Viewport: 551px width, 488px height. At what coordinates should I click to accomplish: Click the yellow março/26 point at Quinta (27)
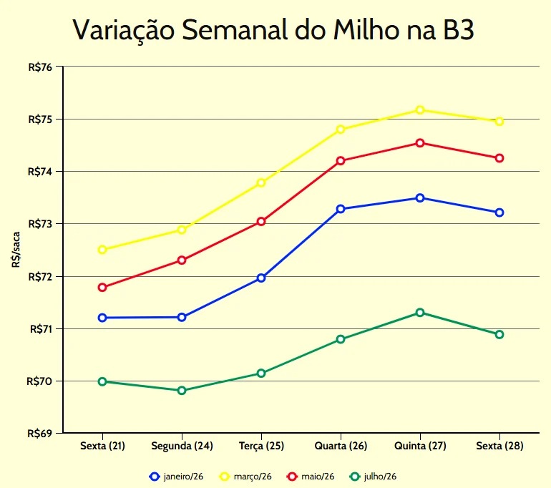tap(420, 109)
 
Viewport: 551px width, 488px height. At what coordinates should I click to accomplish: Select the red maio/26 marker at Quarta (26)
tap(341, 160)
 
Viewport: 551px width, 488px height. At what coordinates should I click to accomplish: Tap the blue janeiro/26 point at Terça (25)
tap(261, 278)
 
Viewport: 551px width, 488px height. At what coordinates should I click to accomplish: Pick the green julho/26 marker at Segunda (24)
tap(182, 391)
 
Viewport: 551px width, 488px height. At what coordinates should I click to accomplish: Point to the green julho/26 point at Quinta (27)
tap(420, 313)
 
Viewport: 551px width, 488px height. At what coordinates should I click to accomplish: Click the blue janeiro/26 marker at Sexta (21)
tap(102, 318)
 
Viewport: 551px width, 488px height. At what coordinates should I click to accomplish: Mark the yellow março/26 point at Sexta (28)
tap(499, 121)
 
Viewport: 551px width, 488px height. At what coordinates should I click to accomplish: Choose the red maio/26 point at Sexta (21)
tap(102, 288)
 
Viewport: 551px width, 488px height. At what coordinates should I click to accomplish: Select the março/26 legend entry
tap(245, 476)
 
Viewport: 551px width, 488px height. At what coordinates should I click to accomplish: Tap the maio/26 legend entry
tap(310, 476)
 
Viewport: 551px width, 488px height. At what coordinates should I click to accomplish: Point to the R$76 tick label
tap(40, 67)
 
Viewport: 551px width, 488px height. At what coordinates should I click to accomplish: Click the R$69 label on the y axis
tap(40, 433)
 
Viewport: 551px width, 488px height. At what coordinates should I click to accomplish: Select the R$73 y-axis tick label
tap(40, 224)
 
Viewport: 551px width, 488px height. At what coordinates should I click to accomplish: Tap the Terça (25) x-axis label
tap(261, 446)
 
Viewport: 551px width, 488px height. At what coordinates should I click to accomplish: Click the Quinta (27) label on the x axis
tap(420, 446)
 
